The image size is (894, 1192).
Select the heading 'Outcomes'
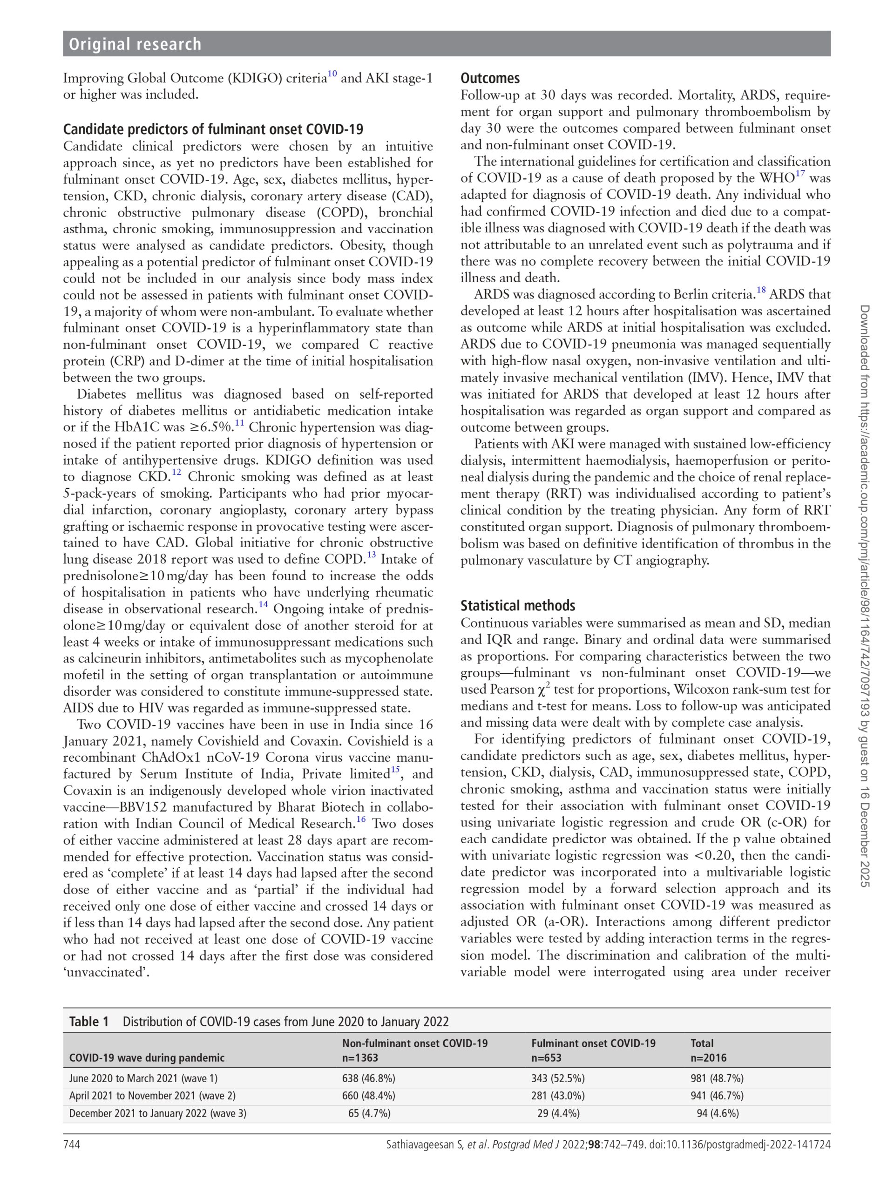tap(490, 78)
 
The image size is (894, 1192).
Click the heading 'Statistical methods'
tap(517, 606)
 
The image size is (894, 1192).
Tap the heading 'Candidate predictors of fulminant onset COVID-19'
tap(213, 129)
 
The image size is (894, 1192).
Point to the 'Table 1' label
tap(89, 1022)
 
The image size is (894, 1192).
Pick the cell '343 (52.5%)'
tap(558, 1079)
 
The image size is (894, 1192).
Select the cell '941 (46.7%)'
tap(717, 1096)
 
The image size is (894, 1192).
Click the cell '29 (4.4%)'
tap(558, 1113)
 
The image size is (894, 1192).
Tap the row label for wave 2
tap(152, 1096)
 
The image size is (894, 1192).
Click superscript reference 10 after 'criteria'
tap(332, 74)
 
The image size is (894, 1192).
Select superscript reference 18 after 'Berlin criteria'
tap(761, 291)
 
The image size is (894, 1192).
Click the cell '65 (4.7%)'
tap(369, 1113)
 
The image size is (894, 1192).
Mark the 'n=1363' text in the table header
tap(360, 1058)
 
